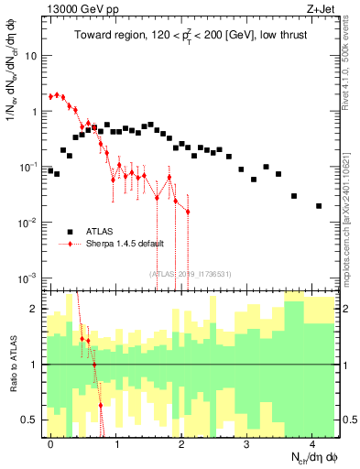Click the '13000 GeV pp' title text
click(x=76, y=7)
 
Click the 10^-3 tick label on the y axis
click(x=29, y=278)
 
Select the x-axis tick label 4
click(x=312, y=442)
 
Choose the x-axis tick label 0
click(x=50, y=442)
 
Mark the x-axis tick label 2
click(x=181, y=442)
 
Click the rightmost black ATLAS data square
click(x=319, y=206)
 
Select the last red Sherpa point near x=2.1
click(x=188, y=212)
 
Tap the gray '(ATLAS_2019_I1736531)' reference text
click(x=190, y=273)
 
